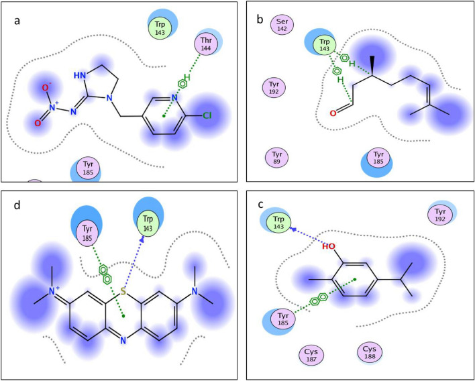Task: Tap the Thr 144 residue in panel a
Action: [206, 44]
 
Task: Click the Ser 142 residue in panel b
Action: [280, 25]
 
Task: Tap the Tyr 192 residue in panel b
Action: [278, 87]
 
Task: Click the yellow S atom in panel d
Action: [123, 292]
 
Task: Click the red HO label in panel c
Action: [329, 246]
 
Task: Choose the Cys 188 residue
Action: [369, 351]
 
